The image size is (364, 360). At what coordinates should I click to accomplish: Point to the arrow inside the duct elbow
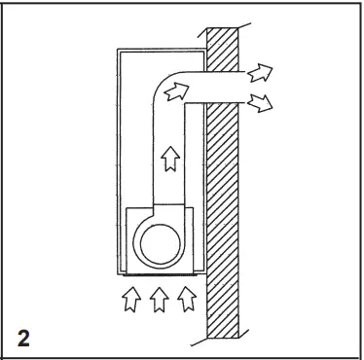(x=174, y=91)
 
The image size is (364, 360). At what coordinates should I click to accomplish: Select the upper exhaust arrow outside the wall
(x=260, y=71)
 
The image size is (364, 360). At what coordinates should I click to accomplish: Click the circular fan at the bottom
(x=160, y=239)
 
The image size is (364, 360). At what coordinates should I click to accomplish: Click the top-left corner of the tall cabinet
(x=116, y=48)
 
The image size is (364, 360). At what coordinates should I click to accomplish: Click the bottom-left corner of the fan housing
(x=127, y=271)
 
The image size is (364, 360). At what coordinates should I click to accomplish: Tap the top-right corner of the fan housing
(x=193, y=206)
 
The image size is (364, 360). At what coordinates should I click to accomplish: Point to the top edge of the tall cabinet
(x=161, y=48)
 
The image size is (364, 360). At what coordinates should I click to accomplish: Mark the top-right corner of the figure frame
(x=359, y=3)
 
